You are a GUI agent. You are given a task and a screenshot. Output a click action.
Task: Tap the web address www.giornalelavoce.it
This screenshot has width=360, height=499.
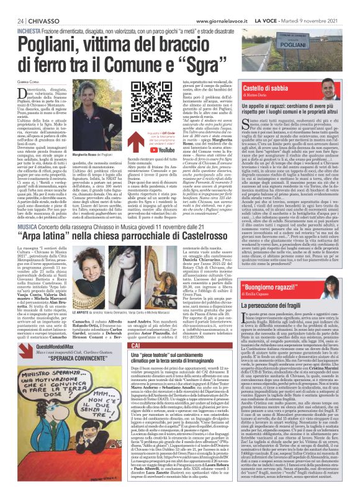pyautogui.click(x=227, y=5)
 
